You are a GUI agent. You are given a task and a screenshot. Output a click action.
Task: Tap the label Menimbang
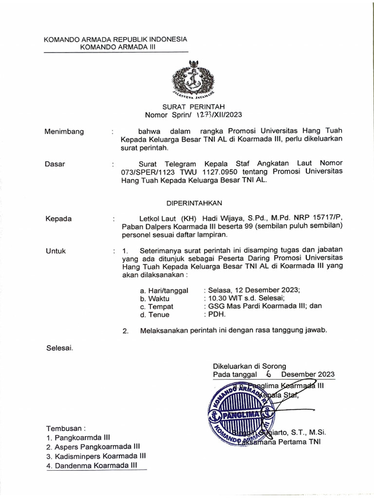tap(64, 131)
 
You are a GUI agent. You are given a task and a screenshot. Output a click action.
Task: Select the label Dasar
tap(55, 164)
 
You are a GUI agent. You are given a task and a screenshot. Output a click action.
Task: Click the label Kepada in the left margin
tap(58, 219)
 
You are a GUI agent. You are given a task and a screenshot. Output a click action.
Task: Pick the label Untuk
tap(56, 251)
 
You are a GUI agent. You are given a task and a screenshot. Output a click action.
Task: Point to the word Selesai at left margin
tap(59, 348)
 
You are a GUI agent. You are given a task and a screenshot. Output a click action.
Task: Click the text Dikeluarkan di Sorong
tap(249, 366)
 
